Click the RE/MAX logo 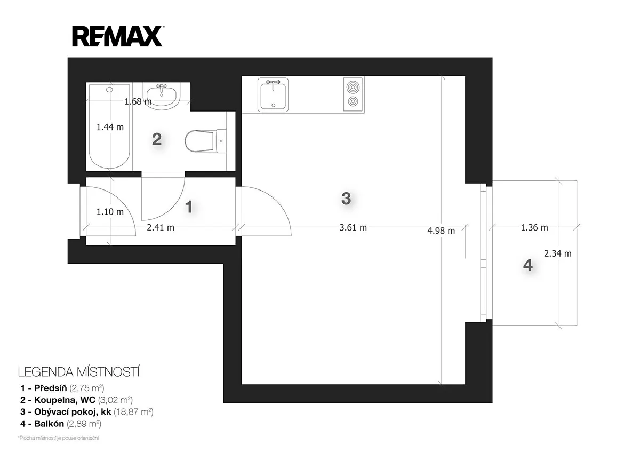click(x=118, y=36)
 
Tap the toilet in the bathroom click(x=205, y=141)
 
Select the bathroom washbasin click(x=163, y=96)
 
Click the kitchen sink click(x=273, y=94)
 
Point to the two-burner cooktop click(x=353, y=94)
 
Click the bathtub click(x=109, y=126)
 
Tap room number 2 click(x=157, y=139)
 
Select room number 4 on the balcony click(x=527, y=265)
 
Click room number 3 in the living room click(x=346, y=199)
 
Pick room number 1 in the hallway click(x=189, y=207)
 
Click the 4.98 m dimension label click(x=441, y=231)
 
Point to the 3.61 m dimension click(x=353, y=227)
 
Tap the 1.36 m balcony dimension click(x=534, y=227)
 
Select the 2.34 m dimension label click(x=558, y=253)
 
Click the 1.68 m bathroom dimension click(x=138, y=101)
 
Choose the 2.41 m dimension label click(x=161, y=227)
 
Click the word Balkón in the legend click(x=49, y=423)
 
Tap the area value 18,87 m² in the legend click(x=133, y=411)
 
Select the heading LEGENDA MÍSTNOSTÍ click(x=79, y=372)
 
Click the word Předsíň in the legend click(x=51, y=388)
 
